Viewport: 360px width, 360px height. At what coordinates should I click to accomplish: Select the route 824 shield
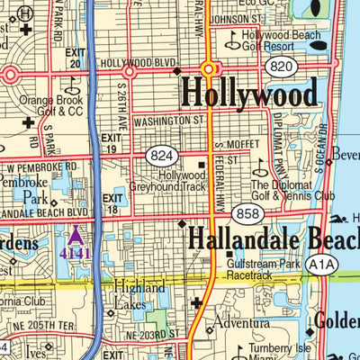click(161, 156)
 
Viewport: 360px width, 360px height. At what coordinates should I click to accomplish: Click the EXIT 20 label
click(75, 58)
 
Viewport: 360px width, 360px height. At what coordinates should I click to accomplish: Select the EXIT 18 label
click(112, 203)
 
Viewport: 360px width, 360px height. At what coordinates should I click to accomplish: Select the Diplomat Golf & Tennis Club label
click(292, 190)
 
